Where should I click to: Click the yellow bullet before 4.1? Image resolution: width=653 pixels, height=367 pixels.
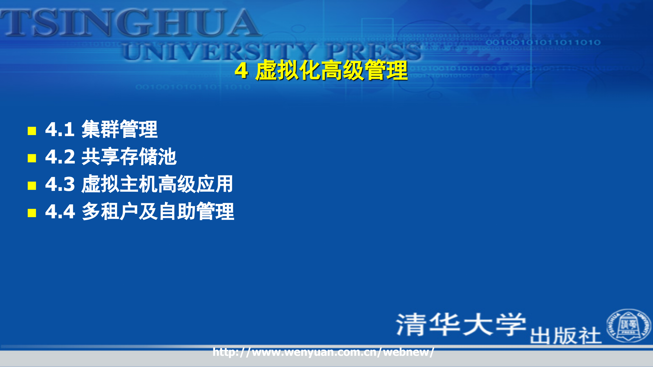click(32, 131)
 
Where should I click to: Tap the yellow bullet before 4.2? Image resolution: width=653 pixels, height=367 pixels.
click(32, 158)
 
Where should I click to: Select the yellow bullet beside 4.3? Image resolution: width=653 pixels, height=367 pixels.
click(32, 186)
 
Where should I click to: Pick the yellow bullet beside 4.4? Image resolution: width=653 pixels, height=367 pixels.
click(32, 213)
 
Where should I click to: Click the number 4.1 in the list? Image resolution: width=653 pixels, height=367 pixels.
click(60, 129)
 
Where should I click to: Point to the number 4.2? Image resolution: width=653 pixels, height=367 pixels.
click(60, 157)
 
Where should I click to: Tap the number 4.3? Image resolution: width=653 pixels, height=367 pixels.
click(60, 184)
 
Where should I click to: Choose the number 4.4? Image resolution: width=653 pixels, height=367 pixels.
click(60, 211)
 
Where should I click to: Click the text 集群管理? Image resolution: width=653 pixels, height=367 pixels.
click(119, 129)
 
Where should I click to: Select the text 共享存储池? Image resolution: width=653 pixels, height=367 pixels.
click(129, 157)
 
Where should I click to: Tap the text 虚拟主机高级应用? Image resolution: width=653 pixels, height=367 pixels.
click(157, 184)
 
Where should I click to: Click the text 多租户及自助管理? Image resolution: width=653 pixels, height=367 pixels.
click(158, 211)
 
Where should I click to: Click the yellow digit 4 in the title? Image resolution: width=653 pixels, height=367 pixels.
click(241, 71)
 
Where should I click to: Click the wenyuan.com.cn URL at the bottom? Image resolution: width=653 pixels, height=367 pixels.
click(323, 352)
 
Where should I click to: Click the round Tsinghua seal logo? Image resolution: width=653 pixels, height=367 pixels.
click(629, 326)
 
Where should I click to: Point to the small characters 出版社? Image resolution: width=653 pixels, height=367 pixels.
click(566, 336)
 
